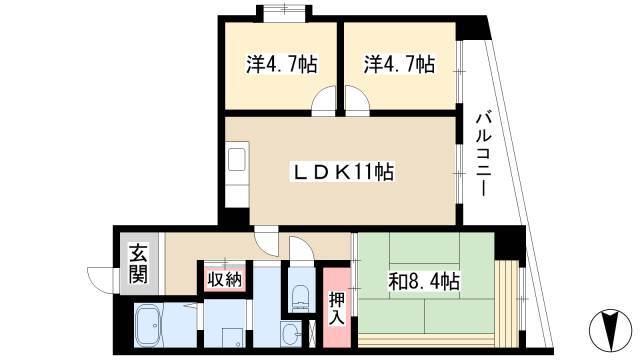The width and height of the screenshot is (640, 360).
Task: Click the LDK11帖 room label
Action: pyautogui.click(x=342, y=172)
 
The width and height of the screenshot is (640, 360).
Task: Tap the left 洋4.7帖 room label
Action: pyautogui.click(x=282, y=64)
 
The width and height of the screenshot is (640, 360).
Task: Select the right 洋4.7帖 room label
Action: pyautogui.click(x=400, y=64)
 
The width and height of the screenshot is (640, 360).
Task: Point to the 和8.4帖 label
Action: pyautogui.click(x=424, y=282)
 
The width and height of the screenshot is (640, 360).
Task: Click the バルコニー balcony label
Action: pyautogui.click(x=484, y=155)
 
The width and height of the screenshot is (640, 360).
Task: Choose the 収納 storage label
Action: pyautogui.click(x=225, y=280)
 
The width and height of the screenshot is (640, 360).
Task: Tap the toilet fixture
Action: pyautogui.click(x=301, y=297)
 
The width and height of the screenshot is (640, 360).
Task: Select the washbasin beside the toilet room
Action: pyautogui.click(x=291, y=333)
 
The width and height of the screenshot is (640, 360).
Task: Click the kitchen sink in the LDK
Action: pyautogui.click(x=237, y=160)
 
